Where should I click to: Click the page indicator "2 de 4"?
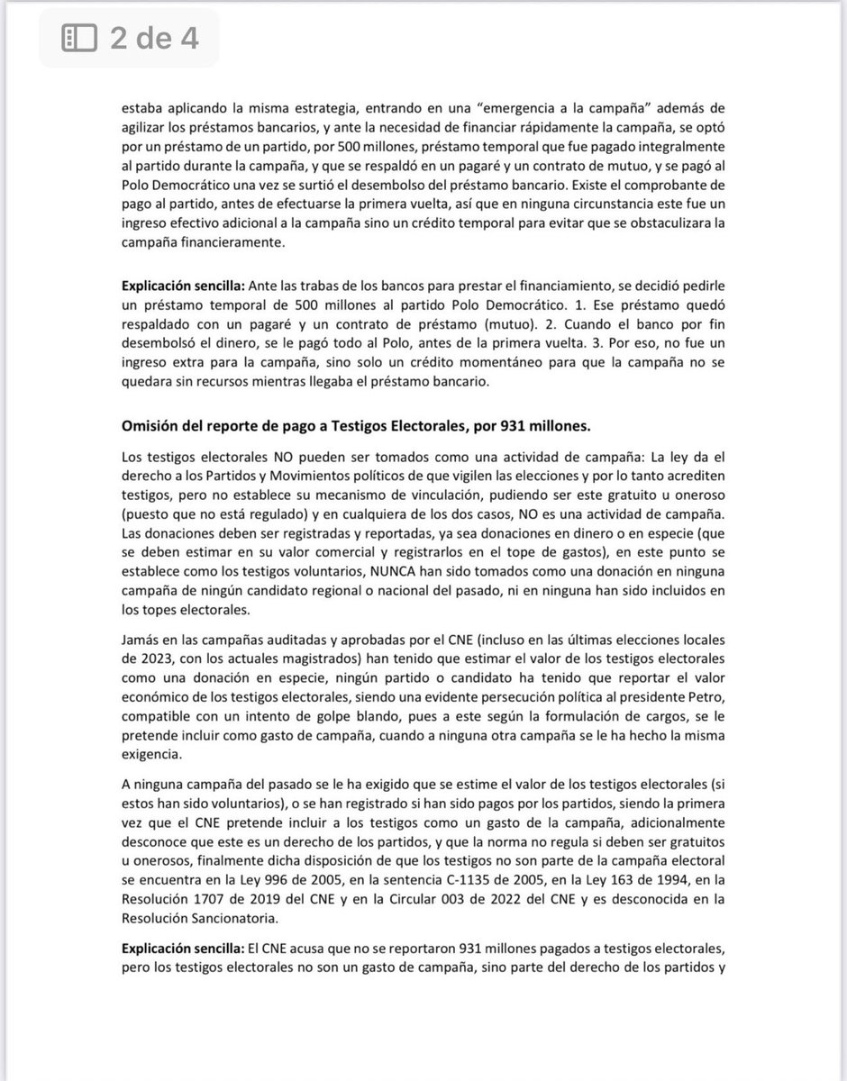point(154,38)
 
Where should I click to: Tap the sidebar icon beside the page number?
point(78,38)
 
